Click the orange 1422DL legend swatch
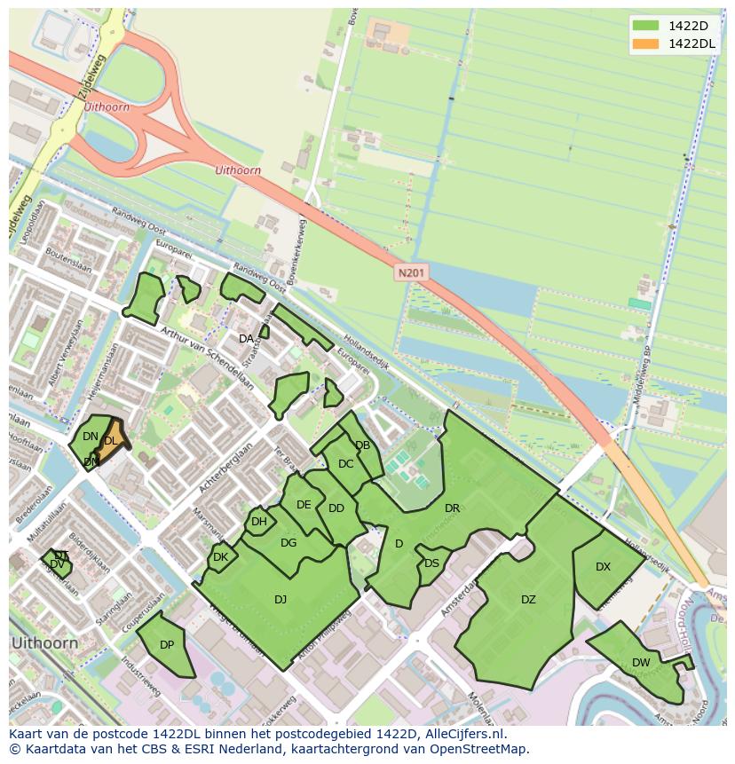(x=646, y=43)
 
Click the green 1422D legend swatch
(x=646, y=26)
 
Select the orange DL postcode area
(x=111, y=441)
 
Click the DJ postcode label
(x=281, y=600)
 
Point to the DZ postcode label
(x=528, y=600)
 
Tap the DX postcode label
(x=603, y=567)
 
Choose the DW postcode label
(x=641, y=663)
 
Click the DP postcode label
(x=166, y=645)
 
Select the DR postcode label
(x=452, y=508)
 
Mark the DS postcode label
(x=431, y=563)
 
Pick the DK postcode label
(x=220, y=557)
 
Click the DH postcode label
(x=258, y=522)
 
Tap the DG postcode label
(x=288, y=543)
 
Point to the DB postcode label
(x=362, y=445)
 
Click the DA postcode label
(x=246, y=339)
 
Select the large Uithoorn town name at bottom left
(x=44, y=642)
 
